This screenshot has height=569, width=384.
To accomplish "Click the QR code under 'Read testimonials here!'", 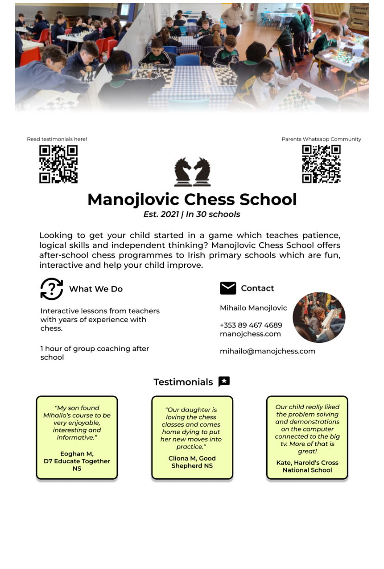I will coord(58,164).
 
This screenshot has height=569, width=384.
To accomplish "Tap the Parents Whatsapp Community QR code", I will coord(321,164).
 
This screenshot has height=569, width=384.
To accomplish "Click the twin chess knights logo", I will coord(192,172).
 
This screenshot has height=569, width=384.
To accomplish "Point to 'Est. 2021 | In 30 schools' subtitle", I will coord(192,215).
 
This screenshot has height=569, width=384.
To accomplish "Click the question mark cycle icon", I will coord(51,289).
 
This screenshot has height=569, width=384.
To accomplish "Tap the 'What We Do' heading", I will coord(96,289).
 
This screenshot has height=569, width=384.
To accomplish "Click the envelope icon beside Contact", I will coord(228,288).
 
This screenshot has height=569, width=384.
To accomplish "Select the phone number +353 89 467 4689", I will coord(251,325).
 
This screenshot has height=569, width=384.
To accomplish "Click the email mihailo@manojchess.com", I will coord(268,351).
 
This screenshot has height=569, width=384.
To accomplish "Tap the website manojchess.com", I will coord(250,334).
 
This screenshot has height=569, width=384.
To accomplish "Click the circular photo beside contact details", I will coord(319,317).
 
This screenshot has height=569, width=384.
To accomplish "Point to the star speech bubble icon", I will coord(224,381).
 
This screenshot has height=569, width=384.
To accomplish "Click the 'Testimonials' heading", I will coord(183,382).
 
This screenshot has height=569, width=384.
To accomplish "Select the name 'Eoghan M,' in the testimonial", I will coord(77,454).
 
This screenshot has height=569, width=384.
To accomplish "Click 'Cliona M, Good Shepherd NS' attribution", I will coord(192,462).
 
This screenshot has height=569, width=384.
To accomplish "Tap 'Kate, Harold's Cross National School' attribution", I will coord(307,466).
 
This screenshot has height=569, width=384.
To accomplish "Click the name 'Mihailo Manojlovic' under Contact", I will coord(253,308).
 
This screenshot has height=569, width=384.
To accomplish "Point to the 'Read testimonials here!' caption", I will coord(57,139).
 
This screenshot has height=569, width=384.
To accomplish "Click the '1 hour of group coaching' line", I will coord(95,348).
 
